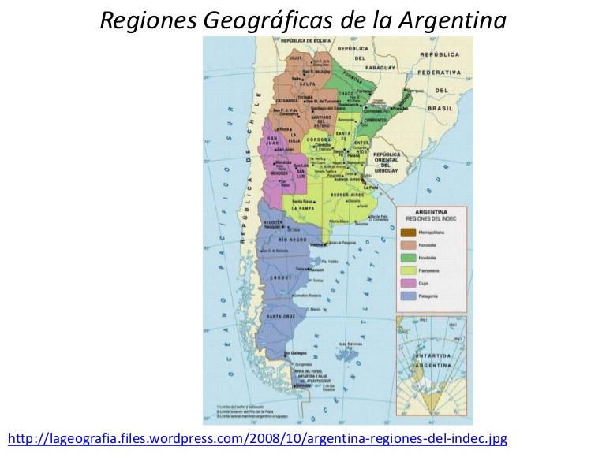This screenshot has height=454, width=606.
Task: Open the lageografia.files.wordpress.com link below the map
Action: (x=257, y=437)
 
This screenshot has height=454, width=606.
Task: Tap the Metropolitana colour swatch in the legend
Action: (x=408, y=232)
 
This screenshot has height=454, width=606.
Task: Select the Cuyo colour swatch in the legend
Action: (x=408, y=282)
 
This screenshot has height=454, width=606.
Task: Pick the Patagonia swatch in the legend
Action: (x=408, y=296)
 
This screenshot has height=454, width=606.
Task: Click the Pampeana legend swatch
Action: (x=408, y=270)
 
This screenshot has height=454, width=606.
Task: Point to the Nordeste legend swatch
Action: (x=408, y=257)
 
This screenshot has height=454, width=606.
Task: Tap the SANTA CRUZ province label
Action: (x=281, y=317)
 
